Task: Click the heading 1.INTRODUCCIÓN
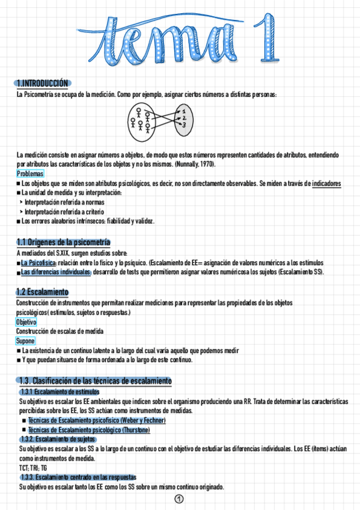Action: pos(43,83)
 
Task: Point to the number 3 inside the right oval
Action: pos(185,124)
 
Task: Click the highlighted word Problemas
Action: pos(29,174)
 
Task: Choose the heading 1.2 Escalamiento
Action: pos(42,292)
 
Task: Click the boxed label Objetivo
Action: pos(26,322)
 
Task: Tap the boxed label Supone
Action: pos(25,341)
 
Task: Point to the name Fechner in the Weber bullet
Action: pos(153,420)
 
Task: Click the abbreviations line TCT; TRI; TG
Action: pos(32,467)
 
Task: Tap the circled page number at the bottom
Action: pos(178,499)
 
